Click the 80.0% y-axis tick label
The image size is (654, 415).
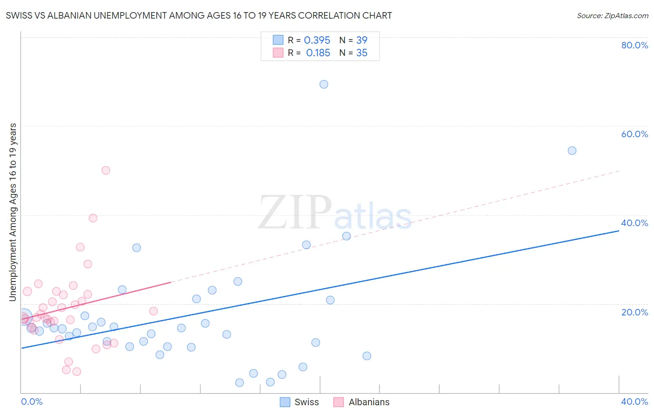(x=634, y=45)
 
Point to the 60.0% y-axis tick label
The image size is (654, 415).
(x=634, y=134)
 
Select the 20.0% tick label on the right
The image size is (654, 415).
(x=634, y=312)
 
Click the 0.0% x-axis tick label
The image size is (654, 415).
(x=32, y=402)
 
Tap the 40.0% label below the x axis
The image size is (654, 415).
(x=634, y=402)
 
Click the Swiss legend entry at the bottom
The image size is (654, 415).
(x=300, y=402)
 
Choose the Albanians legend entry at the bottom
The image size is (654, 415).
(x=362, y=402)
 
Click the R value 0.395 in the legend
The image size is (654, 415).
(x=317, y=40)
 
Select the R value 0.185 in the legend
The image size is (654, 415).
(x=318, y=53)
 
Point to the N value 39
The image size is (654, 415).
(x=361, y=40)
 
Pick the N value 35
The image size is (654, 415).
(x=361, y=53)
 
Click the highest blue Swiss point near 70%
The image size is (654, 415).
(x=324, y=84)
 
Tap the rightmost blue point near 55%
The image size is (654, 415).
(x=572, y=151)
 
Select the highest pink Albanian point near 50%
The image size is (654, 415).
(x=106, y=170)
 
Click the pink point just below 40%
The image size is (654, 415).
(x=93, y=218)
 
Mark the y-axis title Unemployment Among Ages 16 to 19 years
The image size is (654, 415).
(x=13, y=212)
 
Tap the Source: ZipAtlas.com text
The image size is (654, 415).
(x=612, y=16)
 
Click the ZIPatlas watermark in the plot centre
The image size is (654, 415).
(x=335, y=213)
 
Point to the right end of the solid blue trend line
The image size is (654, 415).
(x=619, y=231)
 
